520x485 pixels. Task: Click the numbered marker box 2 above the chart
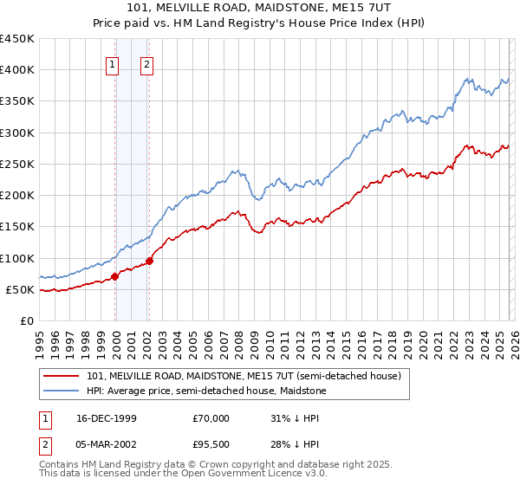(x=147, y=63)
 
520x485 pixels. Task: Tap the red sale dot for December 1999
(x=115, y=277)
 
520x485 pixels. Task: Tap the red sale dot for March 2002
(x=149, y=261)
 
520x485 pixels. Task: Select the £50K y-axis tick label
(x=21, y=289)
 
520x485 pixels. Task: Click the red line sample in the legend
(x=62, y=377)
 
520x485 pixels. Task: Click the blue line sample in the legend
(x=62, y=391)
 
